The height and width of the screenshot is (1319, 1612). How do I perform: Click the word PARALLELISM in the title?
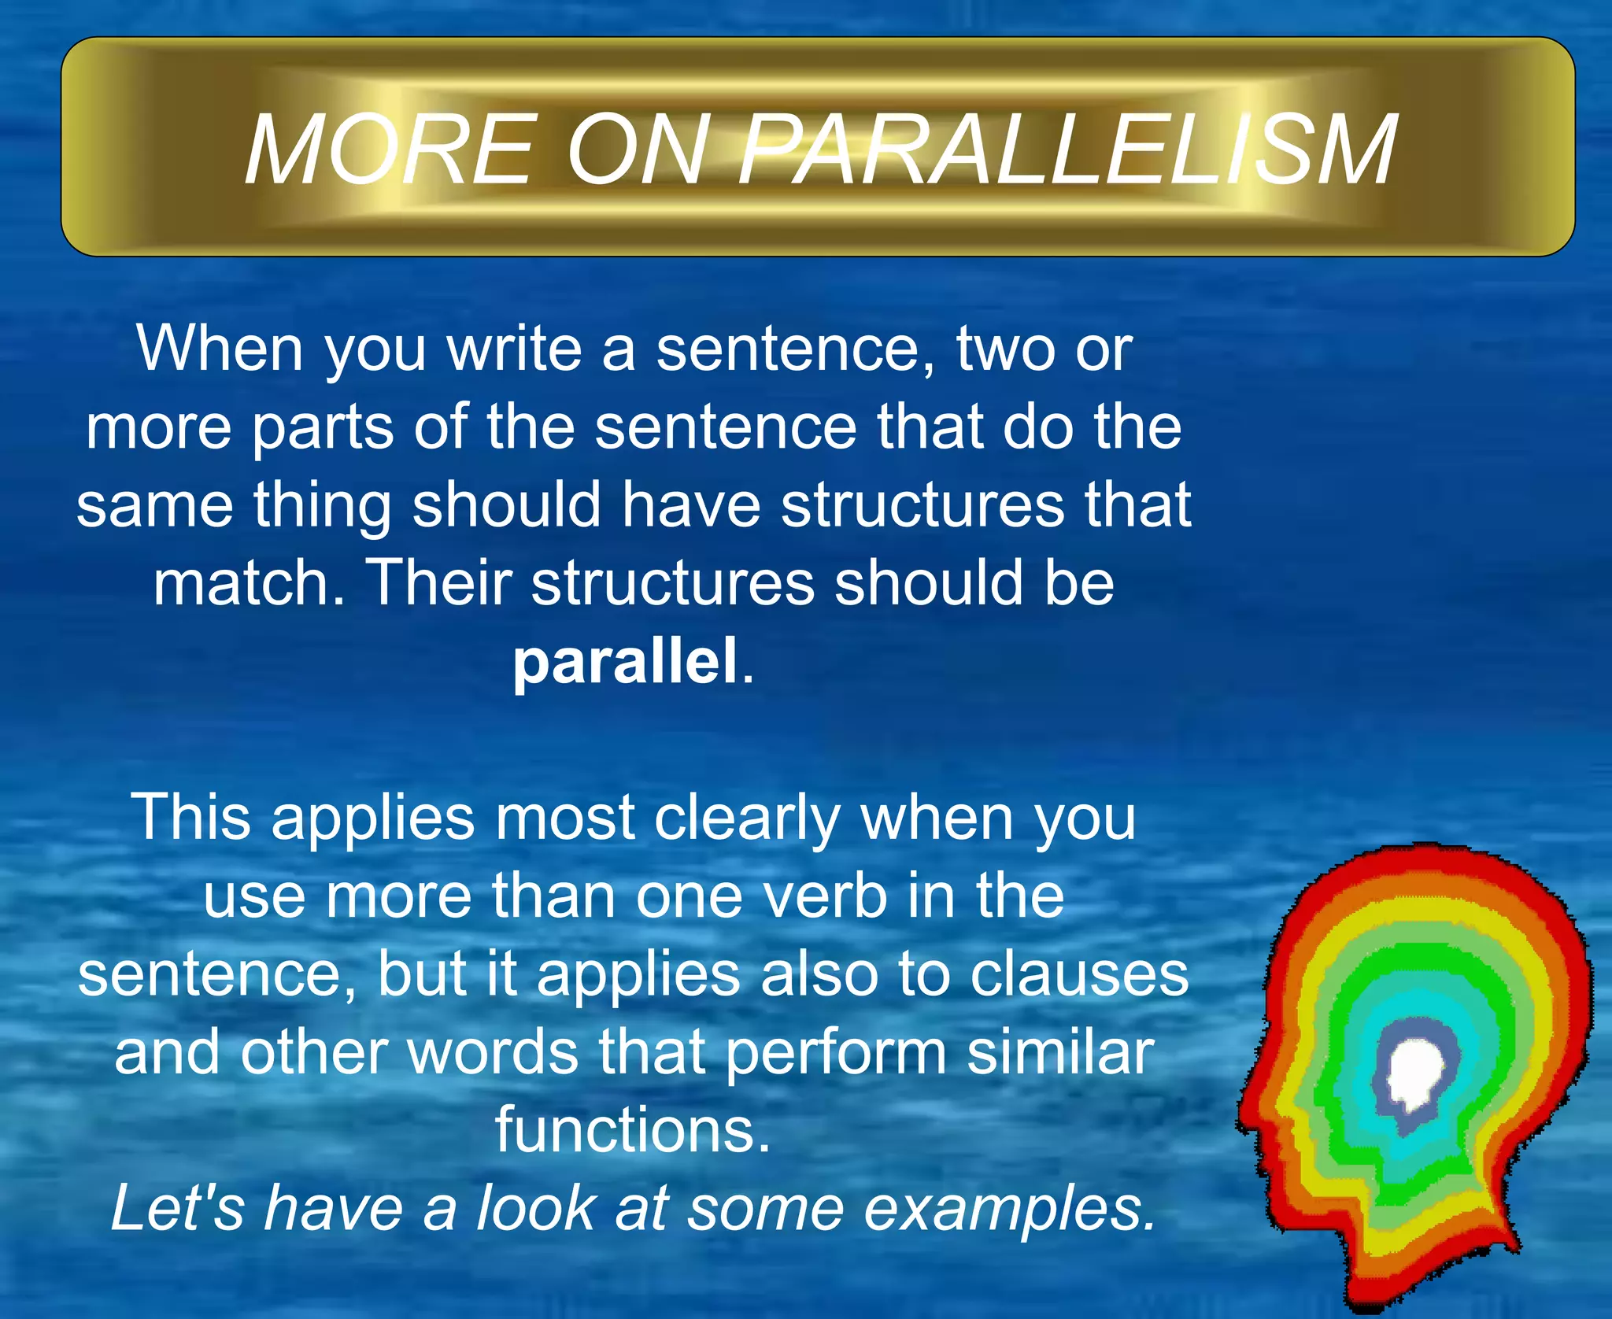click(1067, 150)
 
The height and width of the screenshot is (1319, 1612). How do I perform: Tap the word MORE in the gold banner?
click(390, 150)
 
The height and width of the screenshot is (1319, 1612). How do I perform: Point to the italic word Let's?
click(178, 1208)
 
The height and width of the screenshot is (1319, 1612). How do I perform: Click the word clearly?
click(748, 818)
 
